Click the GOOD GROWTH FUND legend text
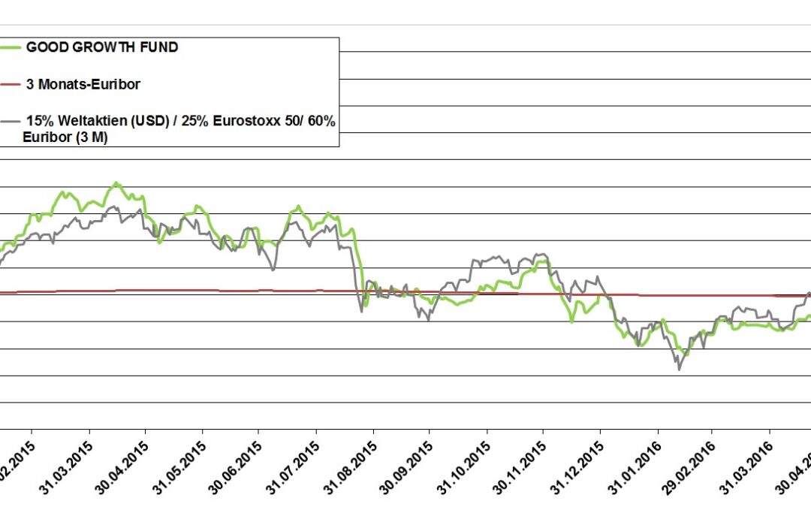click(x=102, y=47)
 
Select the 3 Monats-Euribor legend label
click(x=83, y=84)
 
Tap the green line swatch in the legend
click(x=11, y=47)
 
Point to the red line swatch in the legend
click(x=11, y=84)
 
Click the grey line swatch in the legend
click(x=11, y=120)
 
